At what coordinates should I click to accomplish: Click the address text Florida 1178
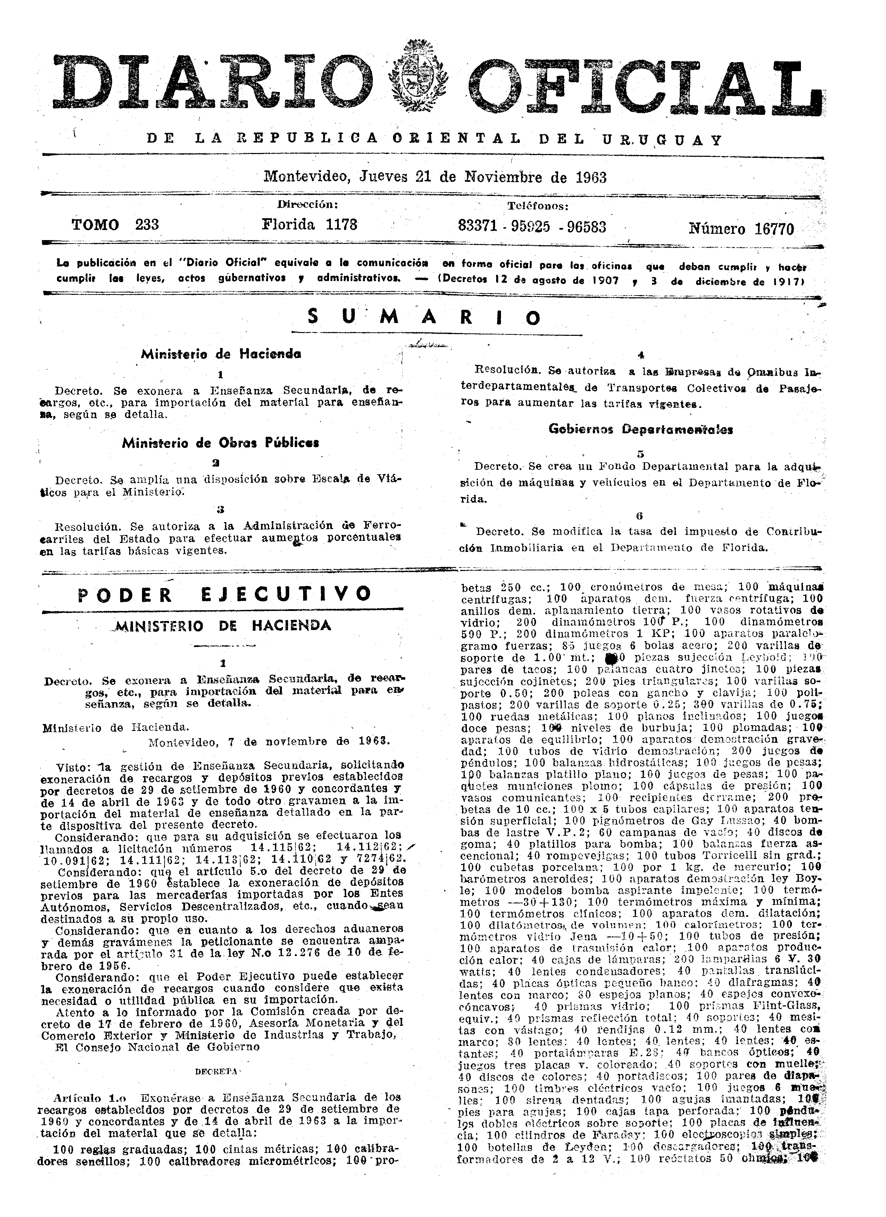[x=309, y=224]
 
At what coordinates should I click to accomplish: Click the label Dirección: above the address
[x=308, y=204]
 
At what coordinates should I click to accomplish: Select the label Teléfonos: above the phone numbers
[x=538, y=206]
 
